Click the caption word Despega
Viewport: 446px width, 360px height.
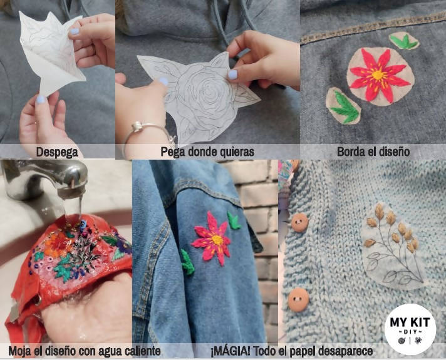(57, 152)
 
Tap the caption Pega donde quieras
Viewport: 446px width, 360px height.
(207, 152)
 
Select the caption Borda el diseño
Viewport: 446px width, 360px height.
(373, 152)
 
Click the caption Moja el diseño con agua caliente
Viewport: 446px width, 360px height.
(85, 351)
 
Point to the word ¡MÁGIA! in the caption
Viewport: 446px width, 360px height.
(232, 351)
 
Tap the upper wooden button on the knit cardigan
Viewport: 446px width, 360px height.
(299, 222)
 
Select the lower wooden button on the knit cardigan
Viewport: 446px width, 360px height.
(298, 299)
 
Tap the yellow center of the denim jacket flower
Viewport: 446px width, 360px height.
(217, 239)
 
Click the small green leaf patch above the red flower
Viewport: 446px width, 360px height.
(404, 41)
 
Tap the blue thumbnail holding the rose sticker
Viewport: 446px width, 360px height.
(233, 74)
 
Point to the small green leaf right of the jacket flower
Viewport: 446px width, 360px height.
(234, 221)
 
